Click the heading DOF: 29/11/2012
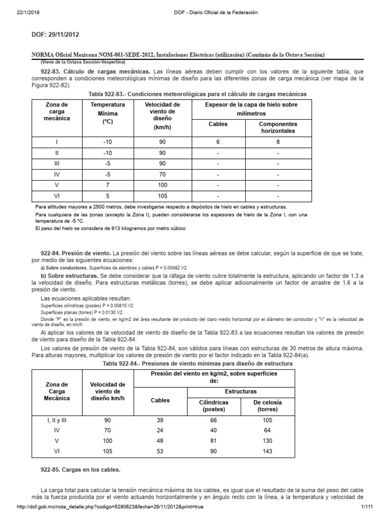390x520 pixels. click(56, 35)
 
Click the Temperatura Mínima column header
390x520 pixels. click(107, 113)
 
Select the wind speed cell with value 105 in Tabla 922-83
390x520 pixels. click(162, 196)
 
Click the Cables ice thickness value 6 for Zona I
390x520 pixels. click(218, 142)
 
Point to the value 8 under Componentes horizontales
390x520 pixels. click(278, 142)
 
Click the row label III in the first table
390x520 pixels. click(57, 164)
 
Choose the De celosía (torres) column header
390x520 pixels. click(268, 405)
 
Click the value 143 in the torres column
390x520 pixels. click(268, 451)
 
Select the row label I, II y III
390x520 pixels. click(56, 420)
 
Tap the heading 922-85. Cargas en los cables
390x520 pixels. click(80, 470)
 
